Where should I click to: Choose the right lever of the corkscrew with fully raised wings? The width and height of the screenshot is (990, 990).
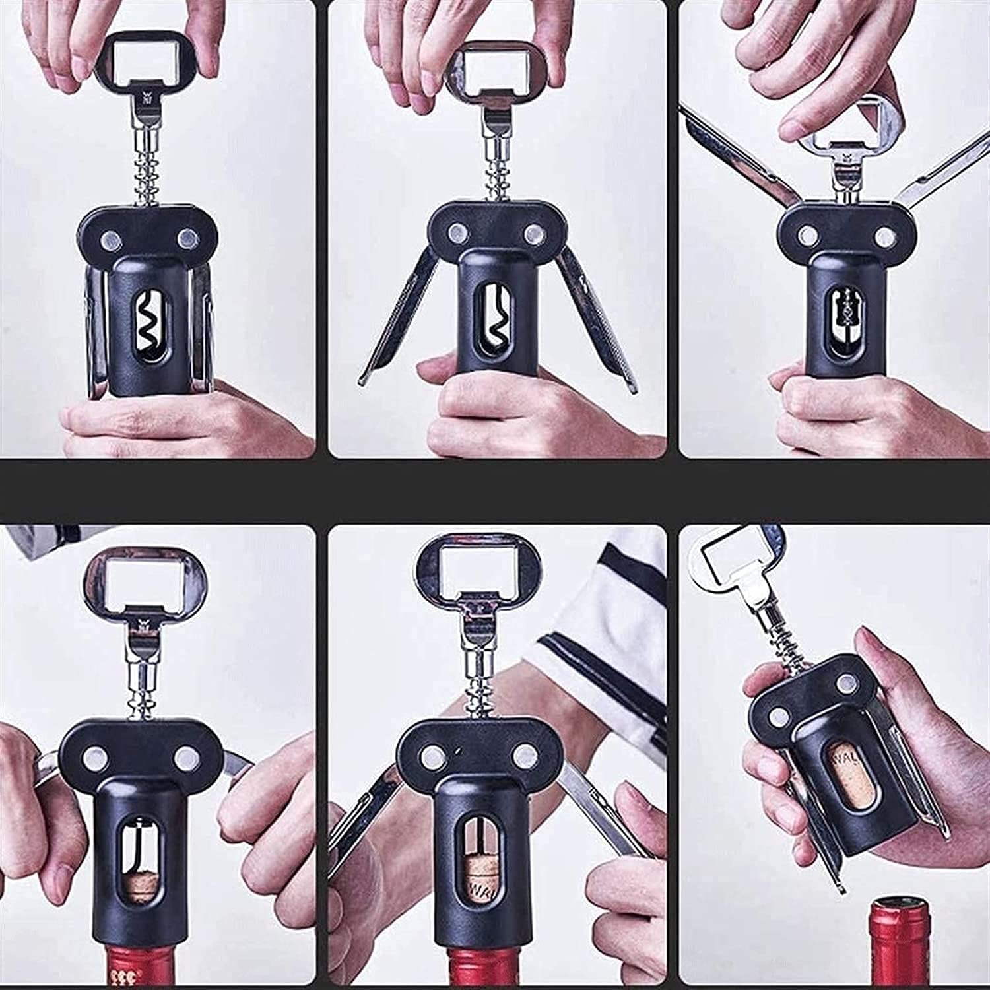point(937,165)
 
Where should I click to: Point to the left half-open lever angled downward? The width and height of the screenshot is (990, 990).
point(389,330)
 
